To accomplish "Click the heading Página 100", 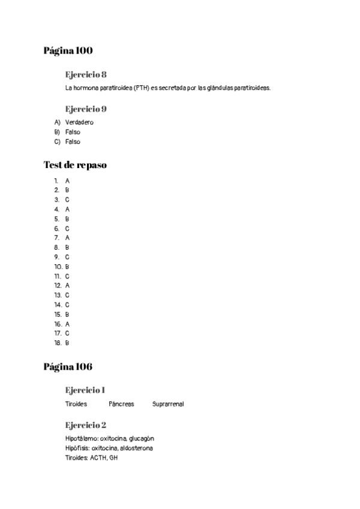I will tap(68, 50).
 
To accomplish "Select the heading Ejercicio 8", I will tap(86, 74).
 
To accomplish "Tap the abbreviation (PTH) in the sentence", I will tap(142, 88).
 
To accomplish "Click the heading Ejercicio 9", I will tap(86, 109).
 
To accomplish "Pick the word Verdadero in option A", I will tap(79, 122).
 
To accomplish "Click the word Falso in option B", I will tap(73, 132).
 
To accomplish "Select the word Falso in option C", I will tap(73, 142).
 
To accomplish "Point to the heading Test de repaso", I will tap(75, 165).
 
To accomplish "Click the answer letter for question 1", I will tap(67, 180).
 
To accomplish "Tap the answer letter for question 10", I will tap(67, 267).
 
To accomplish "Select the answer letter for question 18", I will tap(67, 343).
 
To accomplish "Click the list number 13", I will tap(58, 295).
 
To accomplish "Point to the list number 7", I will tap(56, 238).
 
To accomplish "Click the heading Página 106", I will tap(68, 366).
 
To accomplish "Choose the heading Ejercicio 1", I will tap(85, 390).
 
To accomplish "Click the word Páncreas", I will tap(121, 404).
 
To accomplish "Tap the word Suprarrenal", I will tap(168, 404).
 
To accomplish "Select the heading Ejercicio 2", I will tap(86, 425).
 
